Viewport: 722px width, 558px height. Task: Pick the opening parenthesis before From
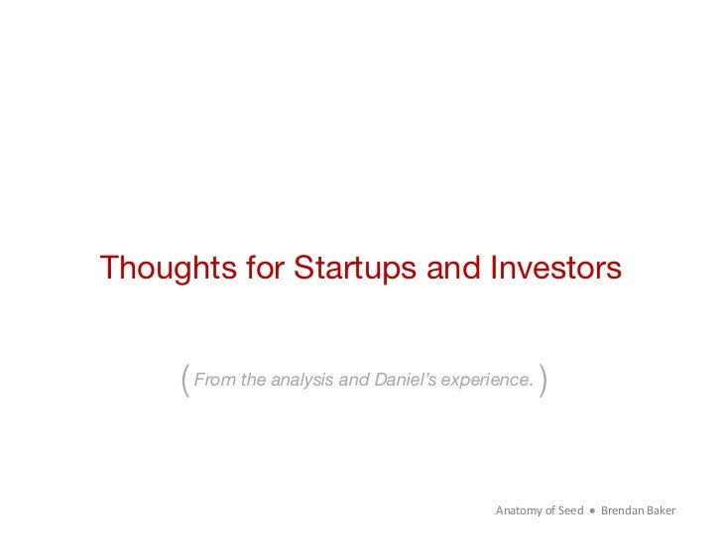pos(185,380)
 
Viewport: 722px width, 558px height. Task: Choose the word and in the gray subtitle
pos(354,379)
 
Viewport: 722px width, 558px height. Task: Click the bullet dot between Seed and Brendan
pos(592,511)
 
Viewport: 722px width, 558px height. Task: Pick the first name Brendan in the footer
pos(623,511)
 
